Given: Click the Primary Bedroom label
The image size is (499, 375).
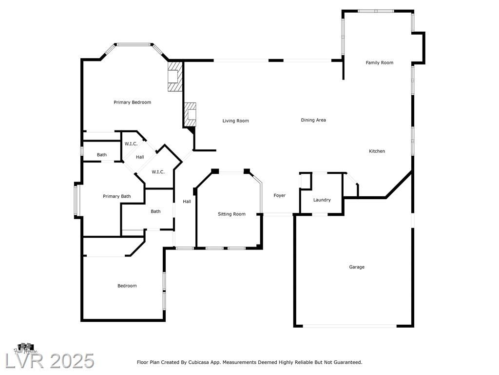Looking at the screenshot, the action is pyautogui.click(x=133, y=103).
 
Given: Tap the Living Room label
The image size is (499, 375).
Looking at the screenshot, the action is pyautogui.click(x=235, y=121).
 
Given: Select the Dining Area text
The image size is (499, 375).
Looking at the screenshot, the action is pyautogui.click(x=313, y=120).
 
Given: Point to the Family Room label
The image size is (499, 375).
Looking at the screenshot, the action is pyautogui.click(x=379, y=63).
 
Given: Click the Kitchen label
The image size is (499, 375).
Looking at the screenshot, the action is pyautogui.click(x=377, y=151).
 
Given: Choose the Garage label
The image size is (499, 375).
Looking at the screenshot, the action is pyautogui.click(x=357, y=267).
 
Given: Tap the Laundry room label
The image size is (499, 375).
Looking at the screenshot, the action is pyautogui.click(x=322, y=200).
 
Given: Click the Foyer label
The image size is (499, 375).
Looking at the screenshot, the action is pyautogui.click(x=280, y=195).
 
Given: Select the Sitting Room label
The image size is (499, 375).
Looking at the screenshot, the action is pyautogui.click(x=231, y=214).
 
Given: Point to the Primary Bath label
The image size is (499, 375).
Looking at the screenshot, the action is pyautogui.click(x=117, y=196).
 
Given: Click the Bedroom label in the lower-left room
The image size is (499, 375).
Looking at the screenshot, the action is pyautogui.click(x=127, y=286).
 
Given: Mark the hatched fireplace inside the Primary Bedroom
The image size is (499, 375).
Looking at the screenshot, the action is pyautogui.click(x=175, y=76).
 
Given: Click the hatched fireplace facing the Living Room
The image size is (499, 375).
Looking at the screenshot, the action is pyautogui.click(x=190, y=114).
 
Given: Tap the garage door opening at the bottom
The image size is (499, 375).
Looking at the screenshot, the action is pyautogui.click(x=349, y=326).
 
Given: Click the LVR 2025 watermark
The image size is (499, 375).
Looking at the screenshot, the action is pyautogui.click(x=50, y=361).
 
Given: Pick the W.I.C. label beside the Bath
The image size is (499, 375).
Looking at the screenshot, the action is pyautogui.click(x=131, y=144).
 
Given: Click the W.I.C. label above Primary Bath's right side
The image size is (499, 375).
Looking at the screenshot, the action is pyautogui.click(x=158, y=172).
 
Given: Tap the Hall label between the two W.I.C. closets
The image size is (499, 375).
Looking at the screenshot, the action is pyautogui.click(x=140, y=157).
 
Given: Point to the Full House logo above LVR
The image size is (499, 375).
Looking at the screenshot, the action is pyautogui.click(x=25, y=348).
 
